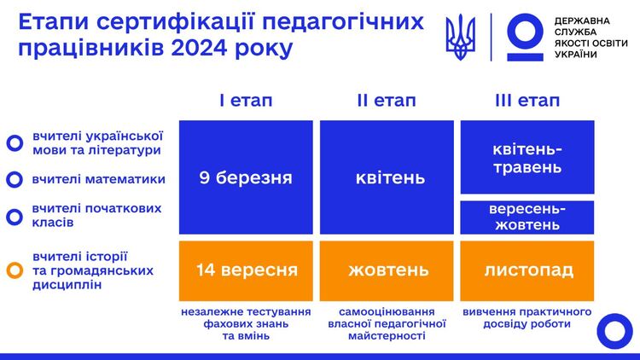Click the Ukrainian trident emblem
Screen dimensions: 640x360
point(461,37)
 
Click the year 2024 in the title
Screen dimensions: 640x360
point(199,48)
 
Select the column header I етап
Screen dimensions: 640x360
point(246,101)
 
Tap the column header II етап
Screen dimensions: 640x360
point(387,101)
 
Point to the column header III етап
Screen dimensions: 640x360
point(527,101)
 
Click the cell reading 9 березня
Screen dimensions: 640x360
point(246,177)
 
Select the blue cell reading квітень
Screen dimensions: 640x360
point(387,177)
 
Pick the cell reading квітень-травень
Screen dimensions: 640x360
point(527,157)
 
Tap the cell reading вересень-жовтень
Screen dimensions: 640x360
point(527,218)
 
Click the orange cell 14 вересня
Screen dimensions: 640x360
point(246,270)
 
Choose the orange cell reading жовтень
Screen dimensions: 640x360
point(387,270)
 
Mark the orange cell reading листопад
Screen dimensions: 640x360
point(527,270)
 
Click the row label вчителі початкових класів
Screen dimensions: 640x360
point(96,215)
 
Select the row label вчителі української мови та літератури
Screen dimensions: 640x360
point(97,142)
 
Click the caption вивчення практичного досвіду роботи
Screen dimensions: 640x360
point(527,318)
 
